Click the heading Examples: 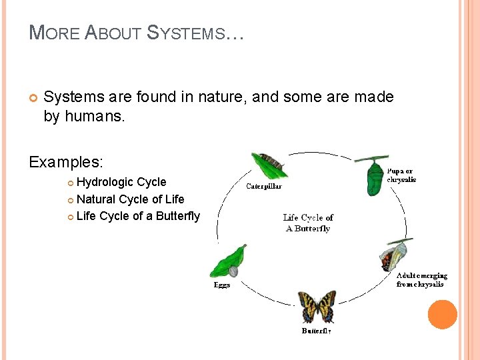[66, 162]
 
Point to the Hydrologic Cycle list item [121, 182]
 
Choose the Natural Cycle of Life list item [130, 199]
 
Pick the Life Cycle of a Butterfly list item [138, 215]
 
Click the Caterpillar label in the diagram [264, 187]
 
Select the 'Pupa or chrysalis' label [401, 175]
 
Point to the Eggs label [222, 285]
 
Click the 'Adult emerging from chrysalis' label [421, 279]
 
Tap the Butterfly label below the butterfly [316, 331]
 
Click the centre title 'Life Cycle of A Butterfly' [308, 223]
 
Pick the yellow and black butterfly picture [316, 307]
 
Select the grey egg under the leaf [233, 271]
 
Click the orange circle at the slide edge [443, 314]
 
